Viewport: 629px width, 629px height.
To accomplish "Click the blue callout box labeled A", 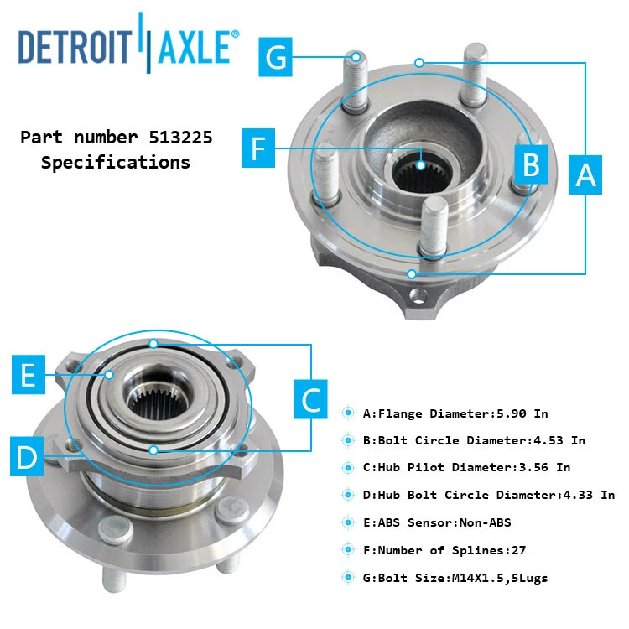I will point(585,175).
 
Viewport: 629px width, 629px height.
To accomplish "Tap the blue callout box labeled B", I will point(531,164).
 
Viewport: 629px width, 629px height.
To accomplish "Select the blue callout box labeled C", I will point(312,399).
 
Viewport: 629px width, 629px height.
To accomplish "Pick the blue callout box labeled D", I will point(28,457).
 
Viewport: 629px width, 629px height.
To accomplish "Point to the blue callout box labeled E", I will point(28,375).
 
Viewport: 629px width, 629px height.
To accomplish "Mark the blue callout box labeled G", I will point(278,58).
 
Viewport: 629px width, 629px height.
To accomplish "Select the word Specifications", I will point(116,162).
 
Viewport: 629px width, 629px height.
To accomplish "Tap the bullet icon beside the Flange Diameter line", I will point(348,413).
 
